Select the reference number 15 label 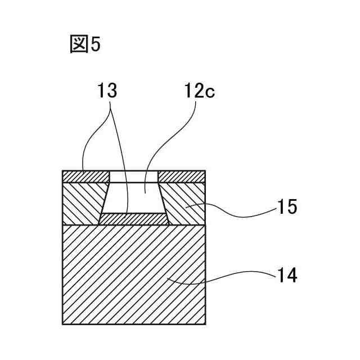click(286, 208)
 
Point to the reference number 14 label click(286, 276)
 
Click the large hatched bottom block click(133, 274)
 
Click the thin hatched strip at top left click(84, 177)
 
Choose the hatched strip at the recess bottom click(134, 219)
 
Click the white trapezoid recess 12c click(134, 198)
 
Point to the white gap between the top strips click(134, 177)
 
